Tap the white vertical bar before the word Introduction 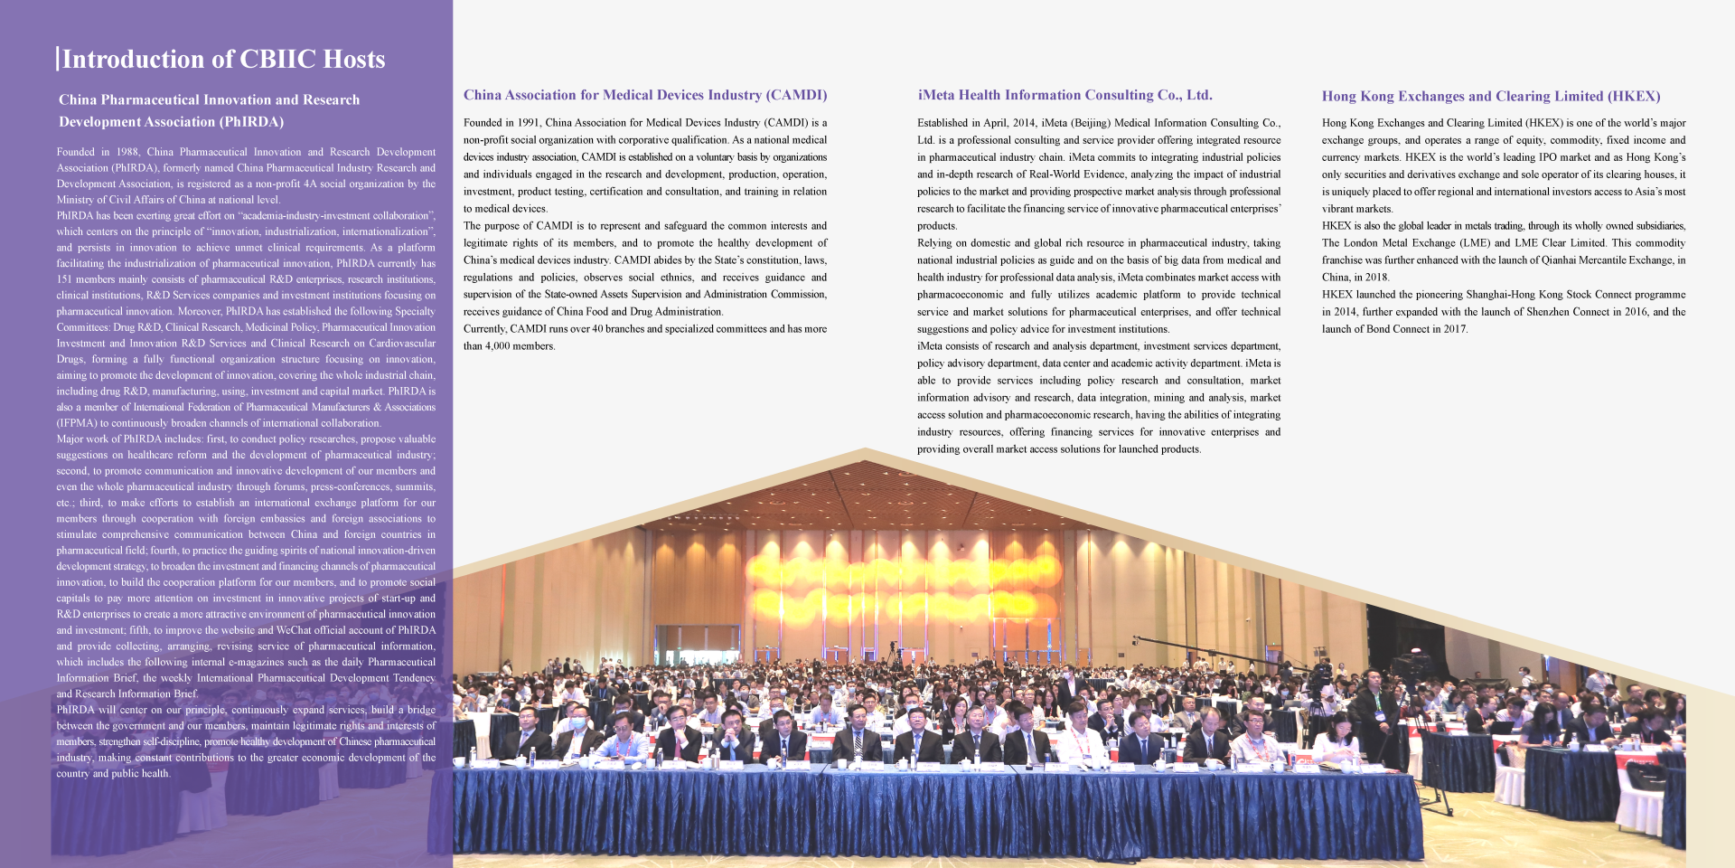click(58, 59)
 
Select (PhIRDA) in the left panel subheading click(250, 122)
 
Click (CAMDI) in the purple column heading click(796, 95)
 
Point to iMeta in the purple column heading click(936, 95)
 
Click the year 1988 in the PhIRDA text click(127, 152)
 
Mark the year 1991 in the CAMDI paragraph click(528, 123)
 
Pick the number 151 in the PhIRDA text click(66, 279)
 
